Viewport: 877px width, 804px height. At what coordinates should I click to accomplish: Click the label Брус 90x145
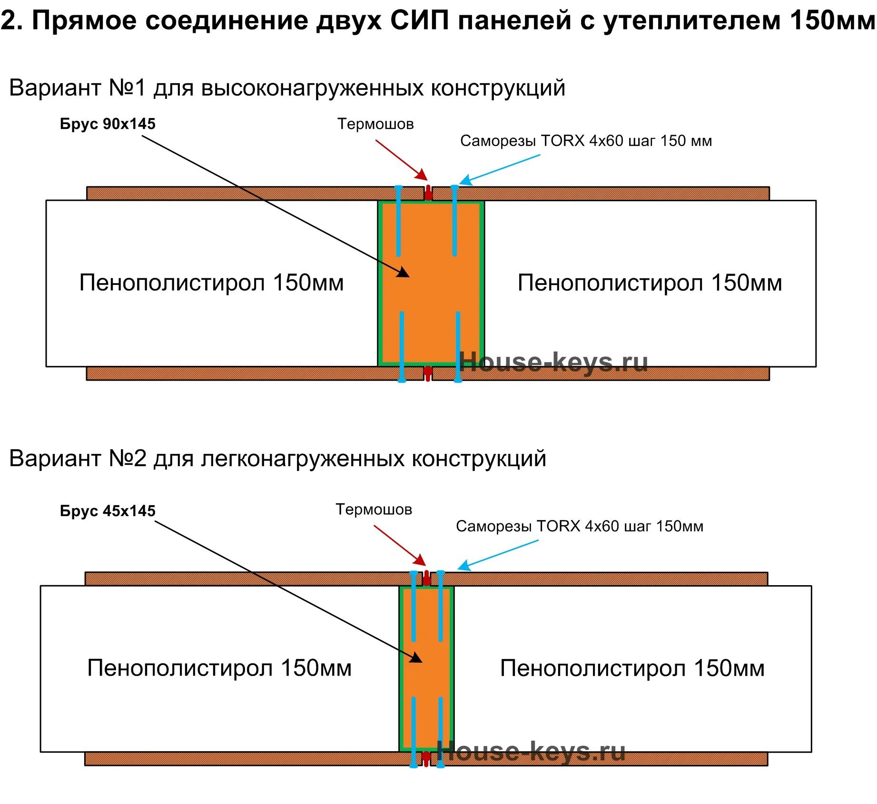click(108, 124)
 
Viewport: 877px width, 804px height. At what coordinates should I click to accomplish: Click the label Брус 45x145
click(108, 511)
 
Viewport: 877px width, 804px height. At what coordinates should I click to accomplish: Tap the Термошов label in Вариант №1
click(375, 124)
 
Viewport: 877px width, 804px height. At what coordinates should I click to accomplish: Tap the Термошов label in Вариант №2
click(374, 510)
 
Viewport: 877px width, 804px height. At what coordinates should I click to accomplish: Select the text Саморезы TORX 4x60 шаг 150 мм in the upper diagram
click(586, 141)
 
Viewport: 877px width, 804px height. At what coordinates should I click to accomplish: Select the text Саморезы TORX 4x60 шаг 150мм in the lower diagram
click(579, 526)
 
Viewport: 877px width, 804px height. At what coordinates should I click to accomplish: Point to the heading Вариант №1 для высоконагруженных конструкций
click(287, 88)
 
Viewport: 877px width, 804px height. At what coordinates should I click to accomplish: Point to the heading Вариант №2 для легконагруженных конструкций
click(277, 459)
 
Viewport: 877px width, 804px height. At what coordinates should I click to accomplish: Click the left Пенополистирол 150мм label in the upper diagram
click(211, 283)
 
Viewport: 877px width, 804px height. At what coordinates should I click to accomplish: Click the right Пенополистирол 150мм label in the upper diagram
click(650, 283)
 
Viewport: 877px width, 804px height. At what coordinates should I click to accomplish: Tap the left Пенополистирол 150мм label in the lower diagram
click(219, 668)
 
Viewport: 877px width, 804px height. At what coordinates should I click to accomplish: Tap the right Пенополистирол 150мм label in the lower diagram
click(632, 668)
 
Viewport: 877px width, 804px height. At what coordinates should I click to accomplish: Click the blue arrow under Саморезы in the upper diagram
click(500, 170)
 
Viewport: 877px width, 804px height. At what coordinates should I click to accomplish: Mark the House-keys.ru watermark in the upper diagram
click(553, 363)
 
